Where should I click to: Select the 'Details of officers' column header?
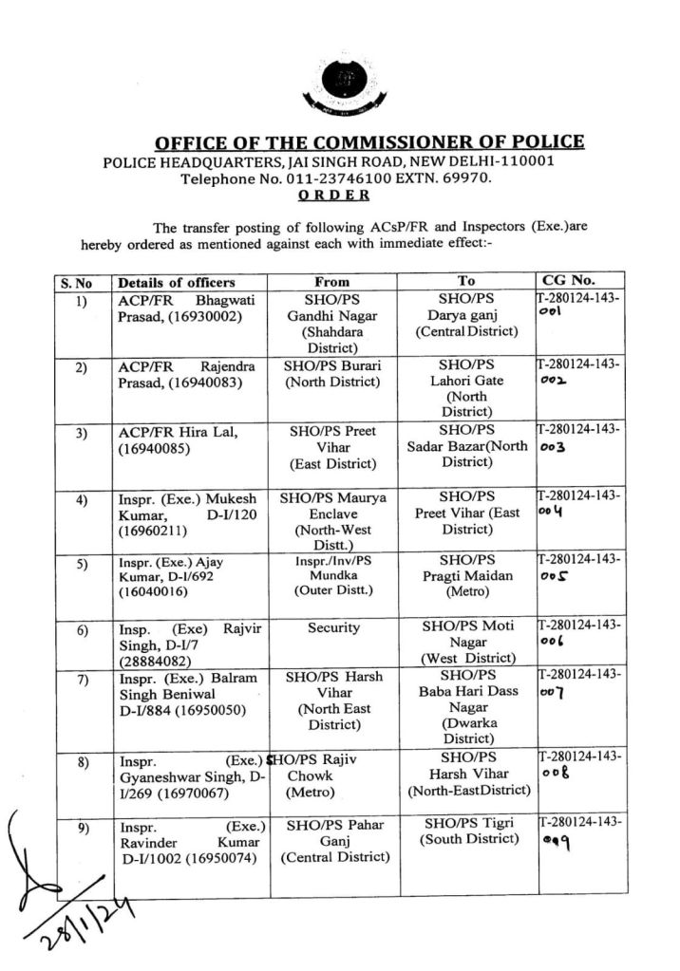tap(177, 282)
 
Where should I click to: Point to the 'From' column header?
tap(331, 282)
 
